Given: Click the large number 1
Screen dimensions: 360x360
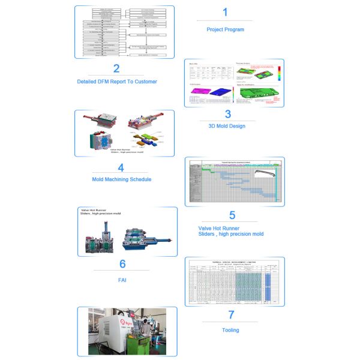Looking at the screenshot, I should (x=225, y=12).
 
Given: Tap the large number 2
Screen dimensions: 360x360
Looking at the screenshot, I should (x=116, y=68).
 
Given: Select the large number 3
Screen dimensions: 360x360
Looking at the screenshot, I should (x=227, y=114).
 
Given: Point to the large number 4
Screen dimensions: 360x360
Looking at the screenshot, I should (x=121, y=167).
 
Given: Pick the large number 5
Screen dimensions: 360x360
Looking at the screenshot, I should (x=232, y=215).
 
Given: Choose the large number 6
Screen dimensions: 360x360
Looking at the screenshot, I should (x=122, y=264).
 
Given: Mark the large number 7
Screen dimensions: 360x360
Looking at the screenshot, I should (x=230, y=314).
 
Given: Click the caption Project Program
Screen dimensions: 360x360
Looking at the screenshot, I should (x=225, y=29).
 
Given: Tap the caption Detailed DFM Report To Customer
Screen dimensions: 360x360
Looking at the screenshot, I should (x=117, y=82).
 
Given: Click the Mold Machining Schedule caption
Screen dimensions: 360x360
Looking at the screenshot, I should (x=121, y=179).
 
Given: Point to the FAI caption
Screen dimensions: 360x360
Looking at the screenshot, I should (x=122, y=280).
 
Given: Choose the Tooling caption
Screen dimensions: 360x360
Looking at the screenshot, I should (x=230, y=330).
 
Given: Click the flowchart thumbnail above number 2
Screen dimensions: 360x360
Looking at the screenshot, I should (x=125, y=32).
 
